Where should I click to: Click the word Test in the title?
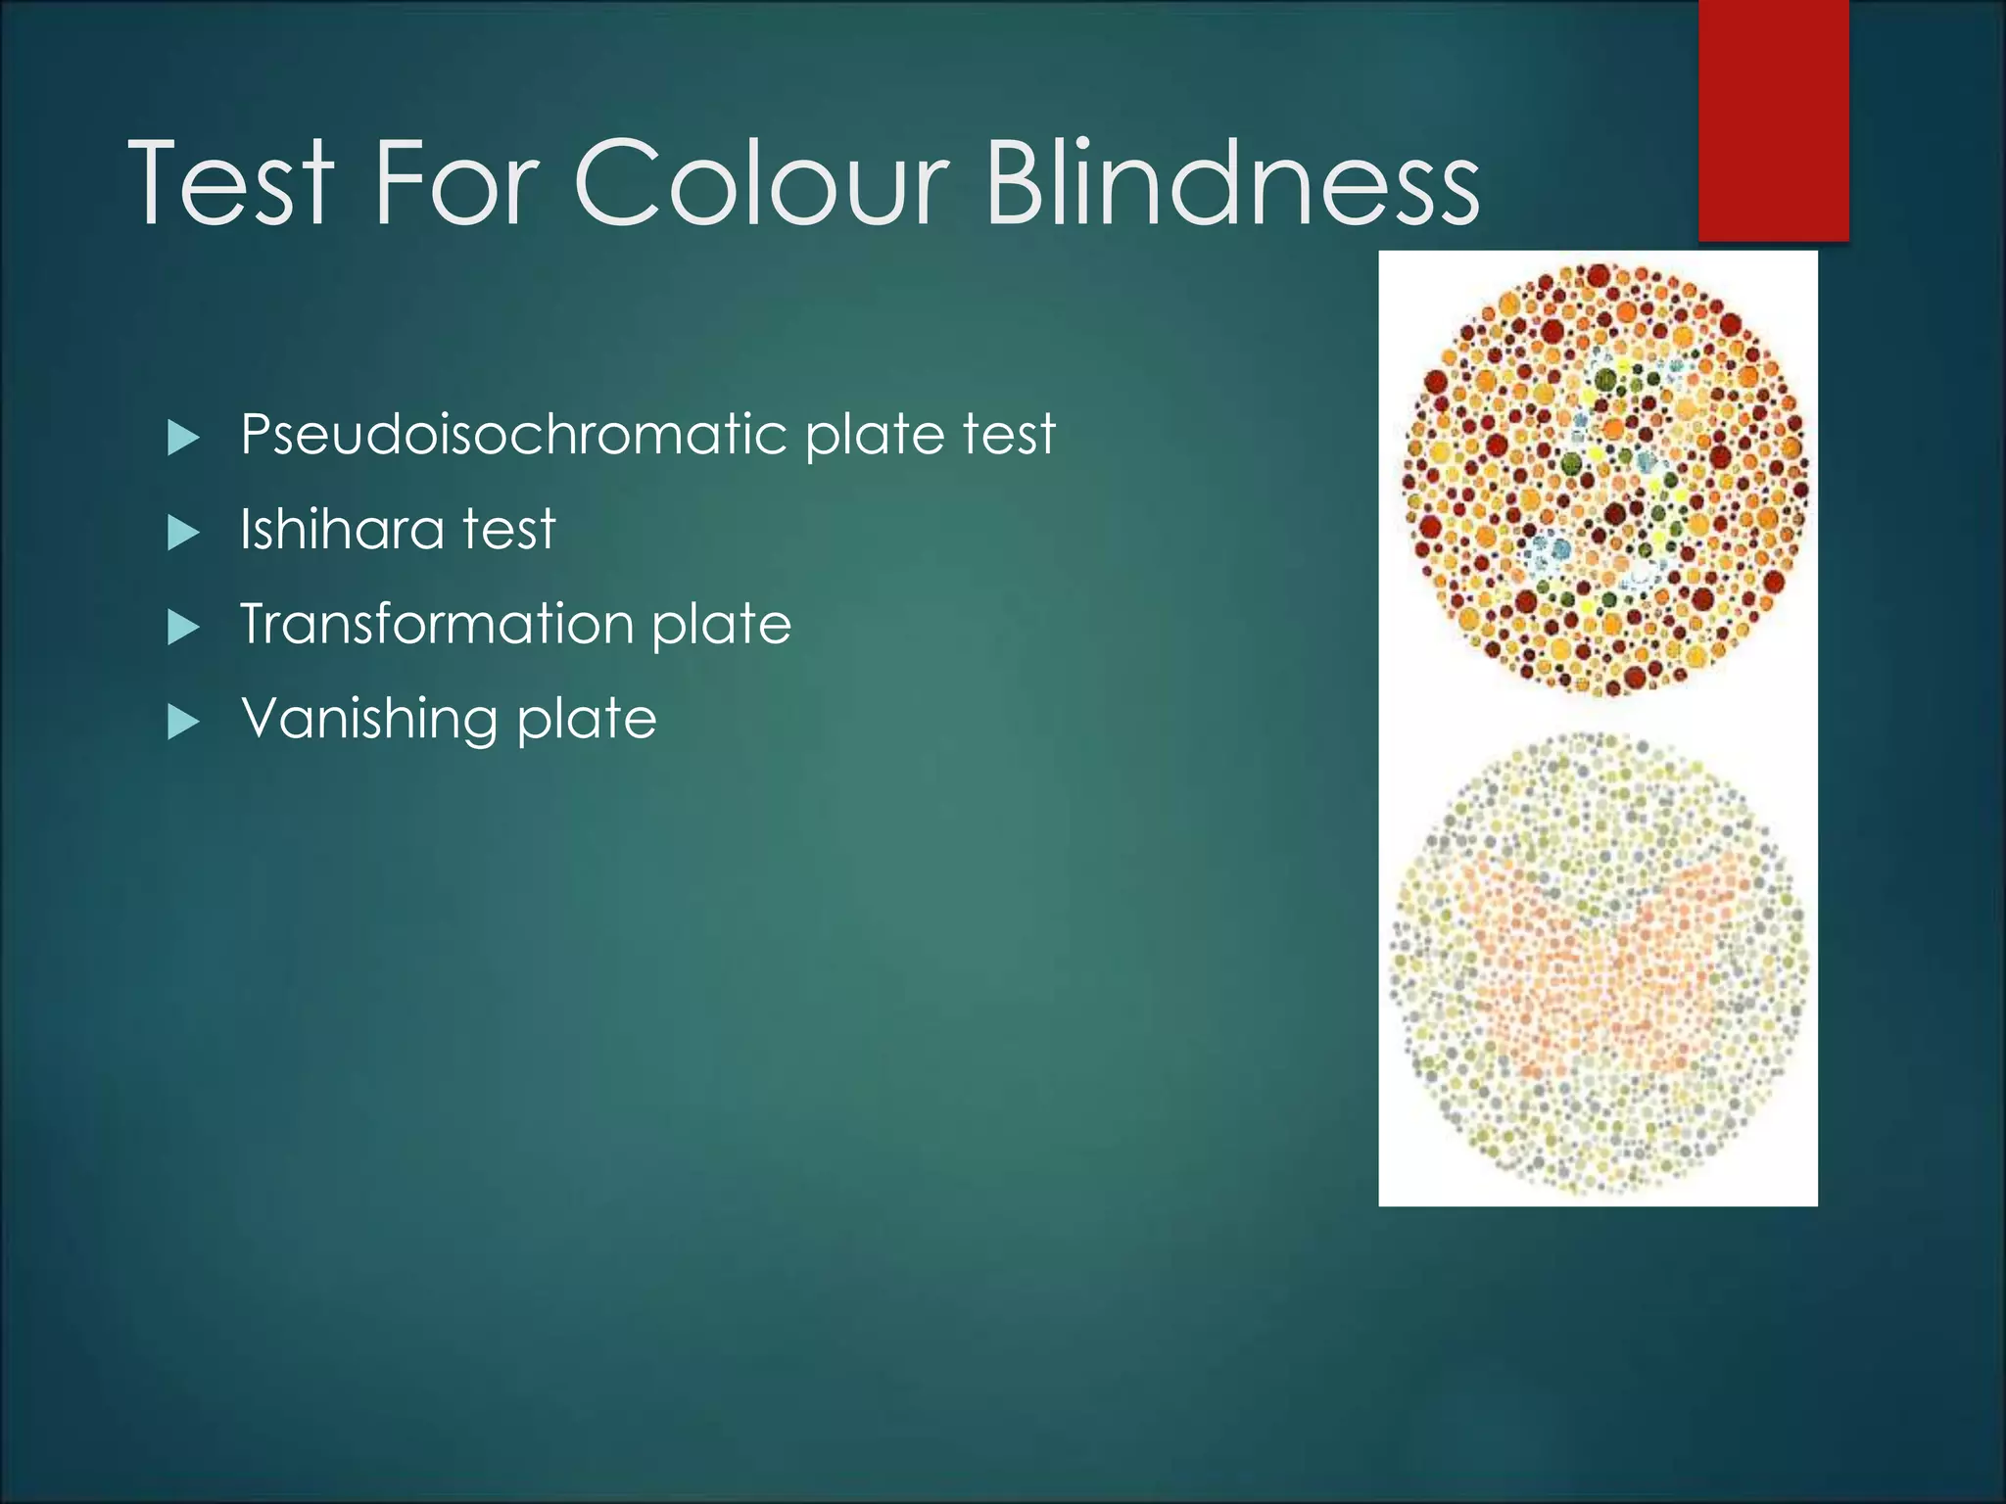pyautogui.click(x=231, y=182)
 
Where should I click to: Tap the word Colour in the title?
pyautogui.click(x=761, y=182)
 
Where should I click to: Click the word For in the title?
pyautogui.click(x=455, y=182)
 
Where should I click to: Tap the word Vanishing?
pyautogui.click(x=369, y=720)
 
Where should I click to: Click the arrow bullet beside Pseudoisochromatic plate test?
pyautogui.click(x=183, y=438)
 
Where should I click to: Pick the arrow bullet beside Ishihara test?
pyautogui.click(x=183, y=533)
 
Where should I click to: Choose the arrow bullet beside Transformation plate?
pyautogui.click(x=183, y=628)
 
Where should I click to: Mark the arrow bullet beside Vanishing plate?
pyautogui.click(x=183, y=723)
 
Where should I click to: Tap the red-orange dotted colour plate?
pyautogui.click(x=1603, y=480)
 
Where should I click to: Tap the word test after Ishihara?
pyautogui.click(x=508, y=529)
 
